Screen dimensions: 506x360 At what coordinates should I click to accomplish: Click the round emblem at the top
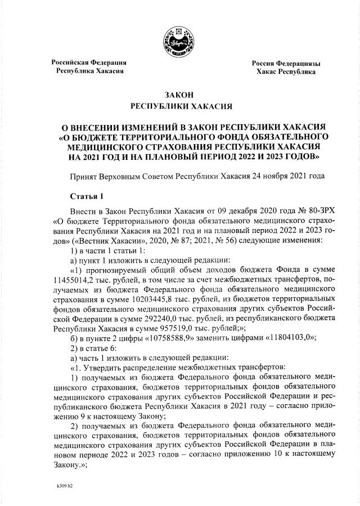click(180, 44)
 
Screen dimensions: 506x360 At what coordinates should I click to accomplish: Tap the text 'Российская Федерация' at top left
click(89, 62)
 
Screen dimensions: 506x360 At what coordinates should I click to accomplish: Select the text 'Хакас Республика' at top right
click(286, 72)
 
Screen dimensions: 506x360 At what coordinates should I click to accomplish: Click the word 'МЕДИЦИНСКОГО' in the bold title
click(106, 146)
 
